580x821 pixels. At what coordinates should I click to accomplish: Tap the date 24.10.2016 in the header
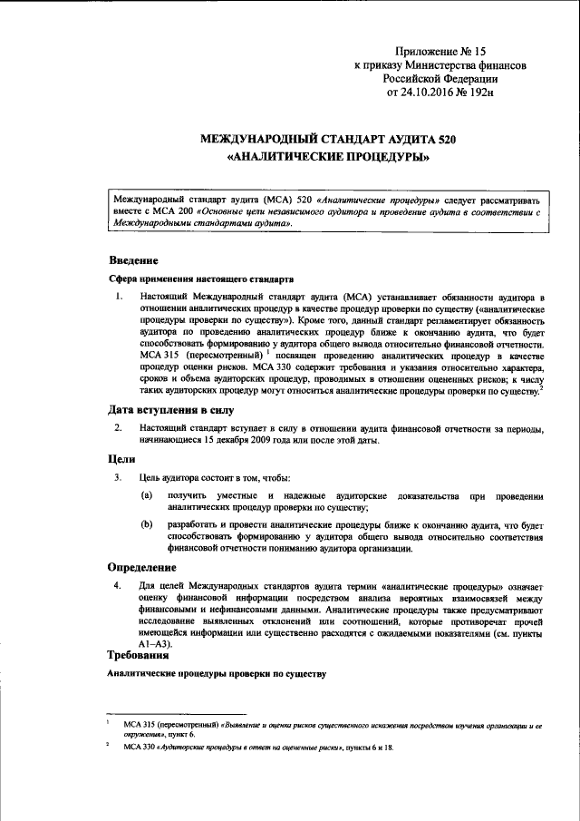427,92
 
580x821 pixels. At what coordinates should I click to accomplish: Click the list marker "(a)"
147,496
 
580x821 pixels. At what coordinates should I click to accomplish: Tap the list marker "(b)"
147,524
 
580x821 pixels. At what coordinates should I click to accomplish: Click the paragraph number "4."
117,587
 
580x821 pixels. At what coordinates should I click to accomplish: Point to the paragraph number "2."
117,428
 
